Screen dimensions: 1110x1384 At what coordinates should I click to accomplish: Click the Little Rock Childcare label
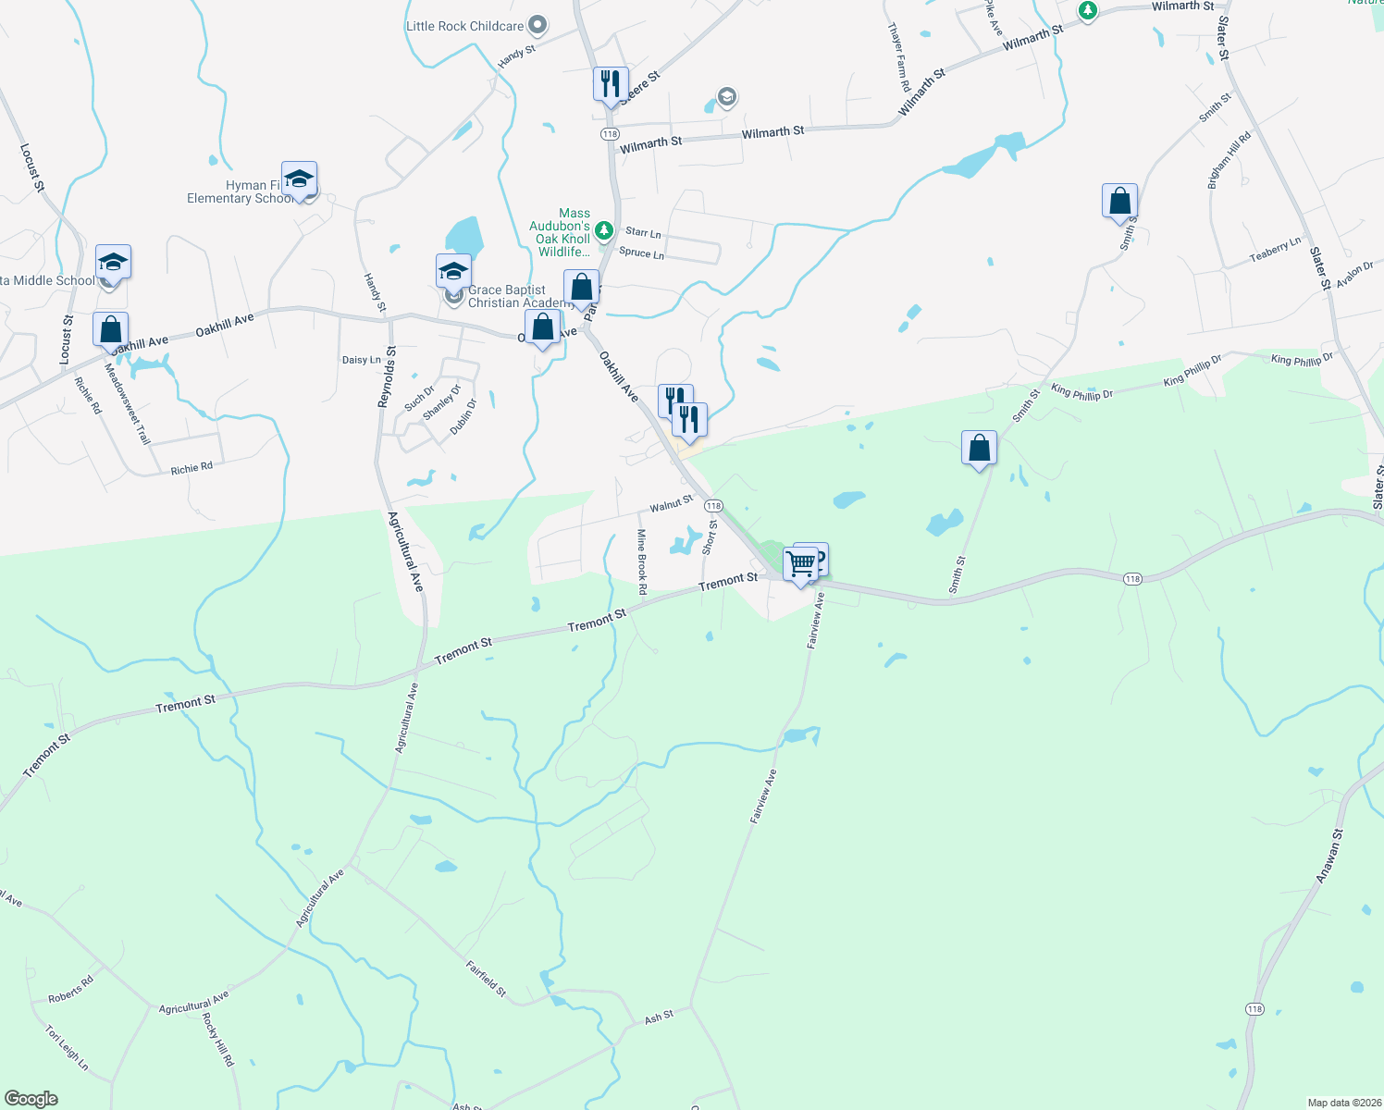click(x=465, y=26)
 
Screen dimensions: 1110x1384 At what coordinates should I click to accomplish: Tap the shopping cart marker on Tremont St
click(x=801, y=562)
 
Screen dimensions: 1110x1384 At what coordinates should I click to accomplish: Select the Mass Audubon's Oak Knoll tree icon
click(x=603, y=228)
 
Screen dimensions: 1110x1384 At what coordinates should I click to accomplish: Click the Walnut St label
click(x=671, y=504)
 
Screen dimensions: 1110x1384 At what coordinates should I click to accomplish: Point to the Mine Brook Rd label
click(x=641, y=555)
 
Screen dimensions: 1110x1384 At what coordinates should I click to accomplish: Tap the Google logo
click(x=31, y=1099)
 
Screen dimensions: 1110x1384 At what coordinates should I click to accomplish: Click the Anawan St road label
click(x=1329, y=857)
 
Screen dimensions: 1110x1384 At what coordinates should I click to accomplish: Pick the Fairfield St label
click(x=486, y=980)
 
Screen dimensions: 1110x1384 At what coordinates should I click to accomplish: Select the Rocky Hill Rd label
click(x=218, y=1040)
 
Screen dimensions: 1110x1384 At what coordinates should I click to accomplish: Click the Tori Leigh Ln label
click(x=67, y=1047)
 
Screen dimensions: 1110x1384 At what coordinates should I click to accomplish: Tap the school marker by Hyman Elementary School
click(x=299, y=179)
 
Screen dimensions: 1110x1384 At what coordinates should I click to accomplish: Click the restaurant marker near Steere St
click(x=611, y=84)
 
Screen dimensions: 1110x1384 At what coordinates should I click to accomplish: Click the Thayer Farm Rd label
click(x=899, y=57)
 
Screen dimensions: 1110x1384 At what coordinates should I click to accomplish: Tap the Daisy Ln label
click(x=361, y=360)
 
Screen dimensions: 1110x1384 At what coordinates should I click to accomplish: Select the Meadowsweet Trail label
click(x=127, y=403)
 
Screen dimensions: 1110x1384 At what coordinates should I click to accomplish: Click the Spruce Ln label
click(x=641, y=253)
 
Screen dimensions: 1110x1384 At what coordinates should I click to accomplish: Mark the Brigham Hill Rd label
click(x=1229, y=161)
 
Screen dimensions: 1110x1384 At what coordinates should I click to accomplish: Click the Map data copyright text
click(x=1341, y=1103)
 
